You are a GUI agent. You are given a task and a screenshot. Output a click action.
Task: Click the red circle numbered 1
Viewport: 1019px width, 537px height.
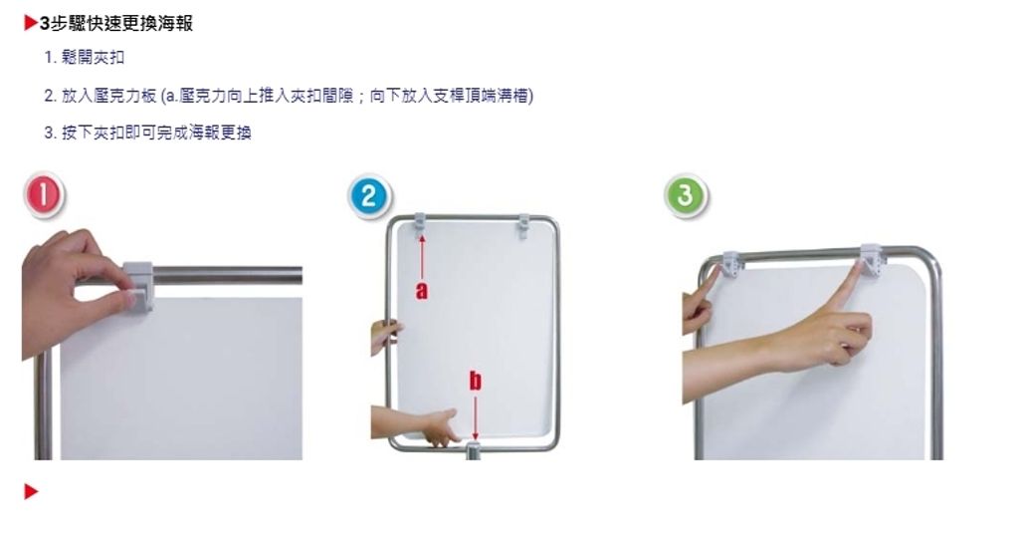point(44,194)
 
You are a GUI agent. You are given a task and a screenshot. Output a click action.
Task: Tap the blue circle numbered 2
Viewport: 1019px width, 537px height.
point(368,196)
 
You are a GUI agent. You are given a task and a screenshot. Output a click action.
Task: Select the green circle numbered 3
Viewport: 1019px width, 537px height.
point(686,194)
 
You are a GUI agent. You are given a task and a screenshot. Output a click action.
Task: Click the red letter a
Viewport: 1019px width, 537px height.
point(422,290)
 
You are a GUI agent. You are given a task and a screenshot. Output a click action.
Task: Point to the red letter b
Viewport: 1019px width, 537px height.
point(475,381)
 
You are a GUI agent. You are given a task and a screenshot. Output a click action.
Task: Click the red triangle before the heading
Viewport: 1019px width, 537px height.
point(31,24)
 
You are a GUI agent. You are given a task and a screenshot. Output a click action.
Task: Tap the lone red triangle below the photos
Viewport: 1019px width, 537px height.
point(31,492)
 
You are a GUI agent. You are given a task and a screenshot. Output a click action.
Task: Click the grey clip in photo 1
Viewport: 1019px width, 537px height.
point(137,285)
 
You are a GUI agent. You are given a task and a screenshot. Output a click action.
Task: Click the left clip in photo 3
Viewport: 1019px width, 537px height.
point(730,264)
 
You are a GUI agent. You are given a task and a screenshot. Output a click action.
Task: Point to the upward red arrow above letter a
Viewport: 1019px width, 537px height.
point(422,258)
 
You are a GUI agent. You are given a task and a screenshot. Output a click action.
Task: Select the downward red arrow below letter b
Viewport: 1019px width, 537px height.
point(475,417)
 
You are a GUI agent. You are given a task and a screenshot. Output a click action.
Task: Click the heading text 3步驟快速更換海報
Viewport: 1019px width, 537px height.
point(115,24)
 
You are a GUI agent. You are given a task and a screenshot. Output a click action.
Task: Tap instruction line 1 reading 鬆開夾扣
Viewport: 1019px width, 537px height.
point(85,57)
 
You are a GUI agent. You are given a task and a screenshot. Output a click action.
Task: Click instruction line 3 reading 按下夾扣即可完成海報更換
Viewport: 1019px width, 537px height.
point(147,133)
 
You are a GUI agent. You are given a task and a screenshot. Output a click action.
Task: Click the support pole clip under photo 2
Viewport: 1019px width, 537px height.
point(475,449)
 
